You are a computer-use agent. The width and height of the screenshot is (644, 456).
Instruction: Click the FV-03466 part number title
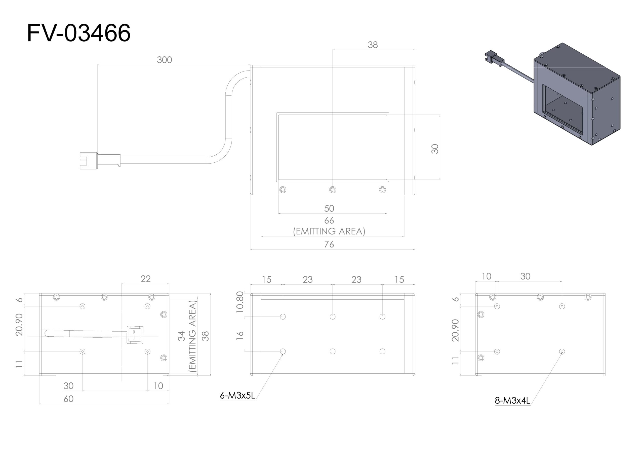click(78, 33)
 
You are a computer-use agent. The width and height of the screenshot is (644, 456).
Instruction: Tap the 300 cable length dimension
click(164, 60)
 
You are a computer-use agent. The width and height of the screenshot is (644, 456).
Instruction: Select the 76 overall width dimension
click(329, 244)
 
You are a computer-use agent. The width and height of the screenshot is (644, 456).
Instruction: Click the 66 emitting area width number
click(329, 220)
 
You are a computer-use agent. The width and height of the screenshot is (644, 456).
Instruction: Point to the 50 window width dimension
click(329, 208)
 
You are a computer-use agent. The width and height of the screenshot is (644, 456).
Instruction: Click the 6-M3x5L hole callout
click(237, 396)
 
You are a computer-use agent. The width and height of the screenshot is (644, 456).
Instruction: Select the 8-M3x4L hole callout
click(512, 401)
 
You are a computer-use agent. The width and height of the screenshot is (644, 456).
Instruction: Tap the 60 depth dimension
click(68, 399)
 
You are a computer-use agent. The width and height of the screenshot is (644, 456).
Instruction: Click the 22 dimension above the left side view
click(146, 279)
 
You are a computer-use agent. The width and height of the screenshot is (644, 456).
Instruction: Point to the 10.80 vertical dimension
click(240, 302)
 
